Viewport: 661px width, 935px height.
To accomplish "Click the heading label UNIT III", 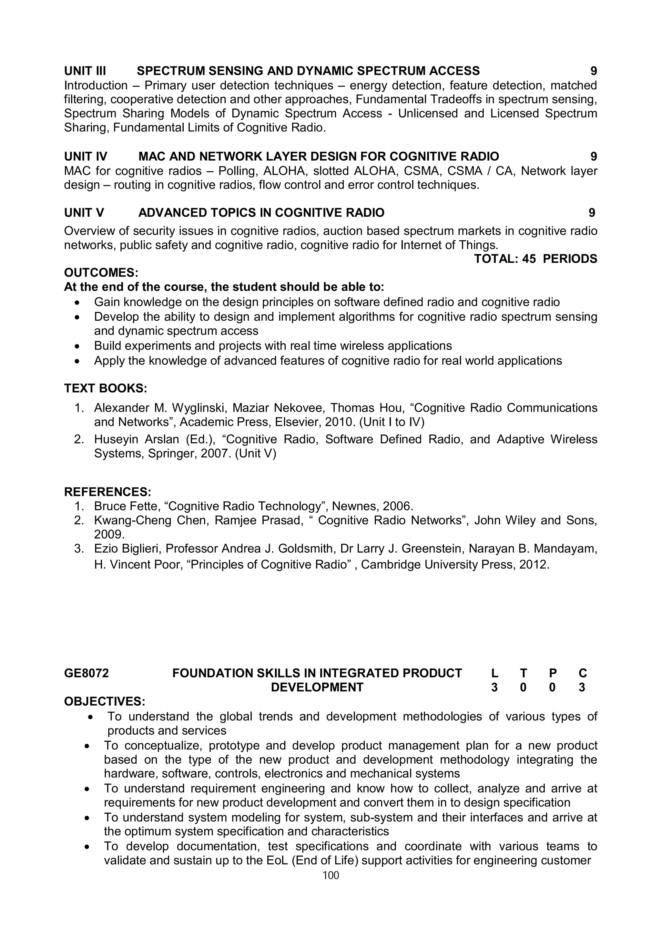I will [x=85, y=71].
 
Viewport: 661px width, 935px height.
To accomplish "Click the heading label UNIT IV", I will [x=86, y=156].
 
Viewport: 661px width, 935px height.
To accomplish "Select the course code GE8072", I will [x=86, y=673].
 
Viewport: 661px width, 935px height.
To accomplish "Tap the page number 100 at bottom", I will [x=330, y=875].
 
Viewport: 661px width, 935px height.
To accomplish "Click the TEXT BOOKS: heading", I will [x=106, y=388].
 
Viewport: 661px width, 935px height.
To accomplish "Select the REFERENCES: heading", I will [x=107, y=492].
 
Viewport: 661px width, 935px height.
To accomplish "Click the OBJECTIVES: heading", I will [x=105, y=702].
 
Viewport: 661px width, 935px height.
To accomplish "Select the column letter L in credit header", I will [x=494, y=673].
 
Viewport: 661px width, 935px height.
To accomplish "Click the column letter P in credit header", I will [x=553, y=673].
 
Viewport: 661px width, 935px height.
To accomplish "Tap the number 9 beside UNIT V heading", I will [x=592, y=213].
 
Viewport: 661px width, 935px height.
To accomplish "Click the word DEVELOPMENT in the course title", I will [x=317, y=688].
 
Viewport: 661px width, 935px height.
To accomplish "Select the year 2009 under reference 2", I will [x=109, y=534].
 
